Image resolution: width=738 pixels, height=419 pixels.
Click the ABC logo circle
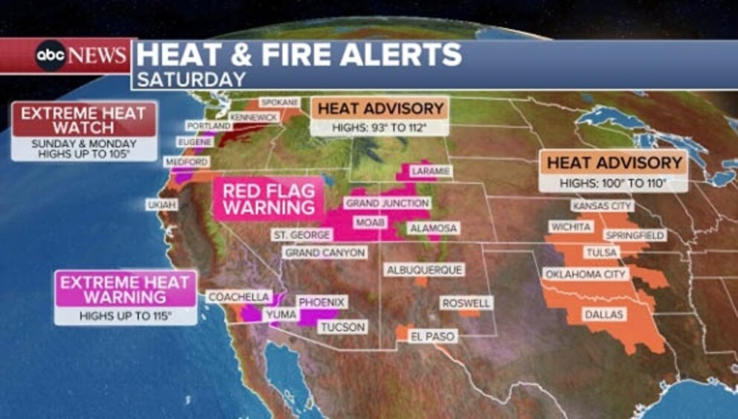51,56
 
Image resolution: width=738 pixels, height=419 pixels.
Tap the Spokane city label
279,102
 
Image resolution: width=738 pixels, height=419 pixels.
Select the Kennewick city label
254,118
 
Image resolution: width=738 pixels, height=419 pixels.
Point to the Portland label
209,127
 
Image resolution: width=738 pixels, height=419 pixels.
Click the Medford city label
187,161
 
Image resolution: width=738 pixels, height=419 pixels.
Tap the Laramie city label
430,171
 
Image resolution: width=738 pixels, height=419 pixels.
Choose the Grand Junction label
387,203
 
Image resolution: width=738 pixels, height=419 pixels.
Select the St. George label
301,234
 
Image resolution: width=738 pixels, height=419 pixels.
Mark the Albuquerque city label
424,269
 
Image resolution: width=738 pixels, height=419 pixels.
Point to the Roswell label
466,303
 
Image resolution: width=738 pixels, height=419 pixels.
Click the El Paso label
433,336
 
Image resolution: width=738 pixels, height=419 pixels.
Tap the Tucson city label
342,327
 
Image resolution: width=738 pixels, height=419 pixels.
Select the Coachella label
238,296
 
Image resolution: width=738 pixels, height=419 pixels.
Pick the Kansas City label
601,205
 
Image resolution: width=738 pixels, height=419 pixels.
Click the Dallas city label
603,314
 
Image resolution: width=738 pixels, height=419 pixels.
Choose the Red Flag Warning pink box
268,199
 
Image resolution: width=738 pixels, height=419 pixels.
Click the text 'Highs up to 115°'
126,316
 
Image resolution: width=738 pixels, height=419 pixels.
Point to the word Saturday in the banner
191,79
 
